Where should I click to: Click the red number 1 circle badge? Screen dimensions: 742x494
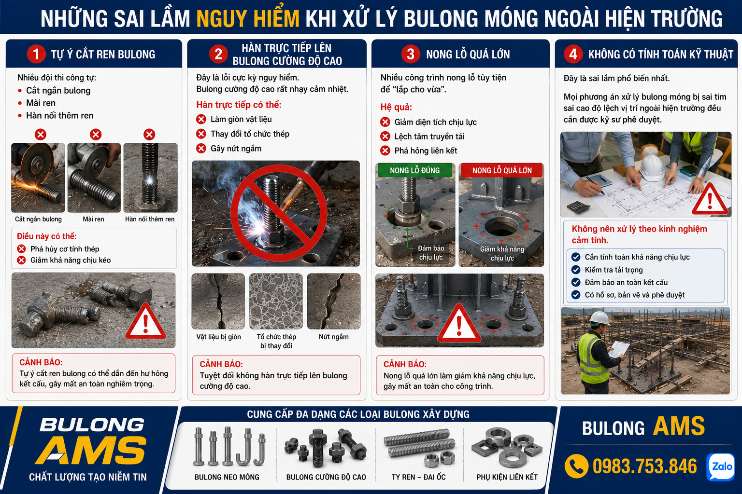36,54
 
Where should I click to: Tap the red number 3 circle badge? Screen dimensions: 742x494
411,54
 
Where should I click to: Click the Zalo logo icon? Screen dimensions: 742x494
720,467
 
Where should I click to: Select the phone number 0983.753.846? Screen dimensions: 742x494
644,467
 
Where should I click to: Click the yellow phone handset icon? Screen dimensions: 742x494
577,467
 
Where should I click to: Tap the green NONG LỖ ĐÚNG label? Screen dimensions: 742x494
415,170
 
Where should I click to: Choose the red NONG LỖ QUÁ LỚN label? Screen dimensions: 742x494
502,170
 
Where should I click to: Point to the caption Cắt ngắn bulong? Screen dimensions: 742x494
38,219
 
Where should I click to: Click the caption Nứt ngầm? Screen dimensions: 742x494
334,337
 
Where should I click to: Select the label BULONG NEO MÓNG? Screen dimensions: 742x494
227,477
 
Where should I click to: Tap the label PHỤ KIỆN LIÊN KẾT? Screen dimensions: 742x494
507,477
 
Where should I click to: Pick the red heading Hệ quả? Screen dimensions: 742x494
396,107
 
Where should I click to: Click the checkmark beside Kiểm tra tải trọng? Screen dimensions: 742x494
576,270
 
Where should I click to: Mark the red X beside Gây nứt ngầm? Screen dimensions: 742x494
201,148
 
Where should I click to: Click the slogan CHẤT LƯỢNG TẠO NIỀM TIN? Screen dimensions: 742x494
88,477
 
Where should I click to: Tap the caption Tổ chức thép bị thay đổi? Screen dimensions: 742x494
276,341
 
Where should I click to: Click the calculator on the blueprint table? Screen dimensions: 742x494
578,207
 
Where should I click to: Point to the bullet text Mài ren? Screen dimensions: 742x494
41,103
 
